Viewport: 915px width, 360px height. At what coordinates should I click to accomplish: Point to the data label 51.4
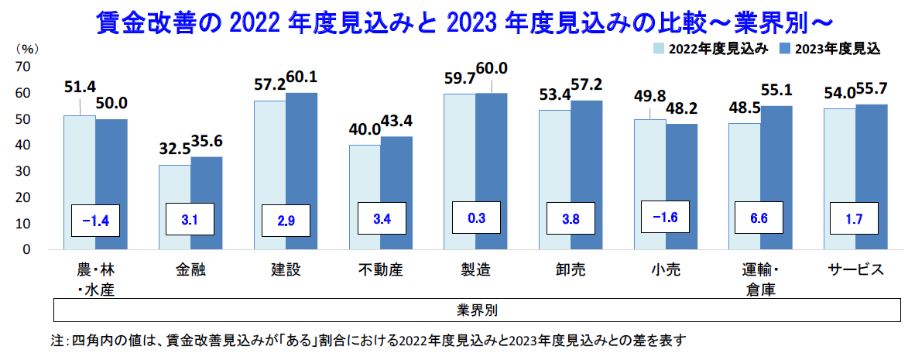point(79,85)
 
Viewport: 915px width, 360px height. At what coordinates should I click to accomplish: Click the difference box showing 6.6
point(759,218)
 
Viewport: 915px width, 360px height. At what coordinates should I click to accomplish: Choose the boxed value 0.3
point(476,218)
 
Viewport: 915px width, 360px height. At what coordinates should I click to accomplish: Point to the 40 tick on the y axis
point(23,145)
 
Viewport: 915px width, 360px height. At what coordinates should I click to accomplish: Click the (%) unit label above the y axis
point(26,48)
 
